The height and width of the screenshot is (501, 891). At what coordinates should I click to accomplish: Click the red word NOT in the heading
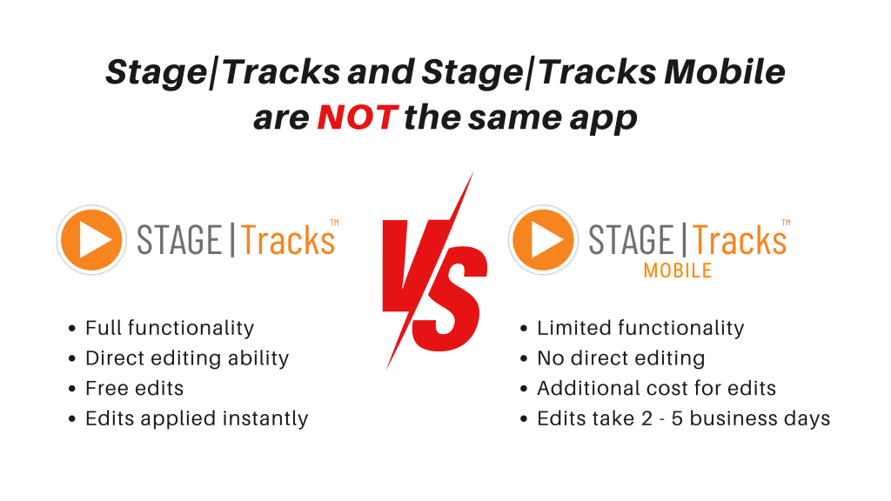[358, 117]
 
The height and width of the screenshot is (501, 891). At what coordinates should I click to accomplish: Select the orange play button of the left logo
[91, 240]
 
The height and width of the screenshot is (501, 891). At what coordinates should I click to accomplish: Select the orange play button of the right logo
[543, 240]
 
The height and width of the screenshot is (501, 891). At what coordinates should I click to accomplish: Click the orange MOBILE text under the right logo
[677, 271]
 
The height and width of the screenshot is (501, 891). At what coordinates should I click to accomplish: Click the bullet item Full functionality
[170, 328]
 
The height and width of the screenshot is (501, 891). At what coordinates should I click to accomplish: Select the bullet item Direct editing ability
[187, 358]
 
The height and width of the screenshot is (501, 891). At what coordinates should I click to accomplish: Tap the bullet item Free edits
[135, 388]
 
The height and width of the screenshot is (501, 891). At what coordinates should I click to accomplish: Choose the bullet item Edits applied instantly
[197, 418]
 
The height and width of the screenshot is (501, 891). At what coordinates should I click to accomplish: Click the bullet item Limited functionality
[640, 328]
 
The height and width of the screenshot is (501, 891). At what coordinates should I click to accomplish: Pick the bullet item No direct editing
[621, 358]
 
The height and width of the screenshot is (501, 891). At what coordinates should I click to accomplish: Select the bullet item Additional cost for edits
[656, 388]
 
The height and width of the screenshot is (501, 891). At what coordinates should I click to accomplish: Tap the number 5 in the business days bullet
[677, 418]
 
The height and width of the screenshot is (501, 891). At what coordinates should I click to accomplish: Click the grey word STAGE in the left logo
[179, 240]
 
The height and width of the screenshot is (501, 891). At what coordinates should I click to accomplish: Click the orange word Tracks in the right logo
[740, 240]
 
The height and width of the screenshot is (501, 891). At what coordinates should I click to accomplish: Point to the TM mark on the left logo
[334, 222]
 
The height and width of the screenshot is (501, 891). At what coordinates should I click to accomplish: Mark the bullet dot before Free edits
[71, 389]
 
